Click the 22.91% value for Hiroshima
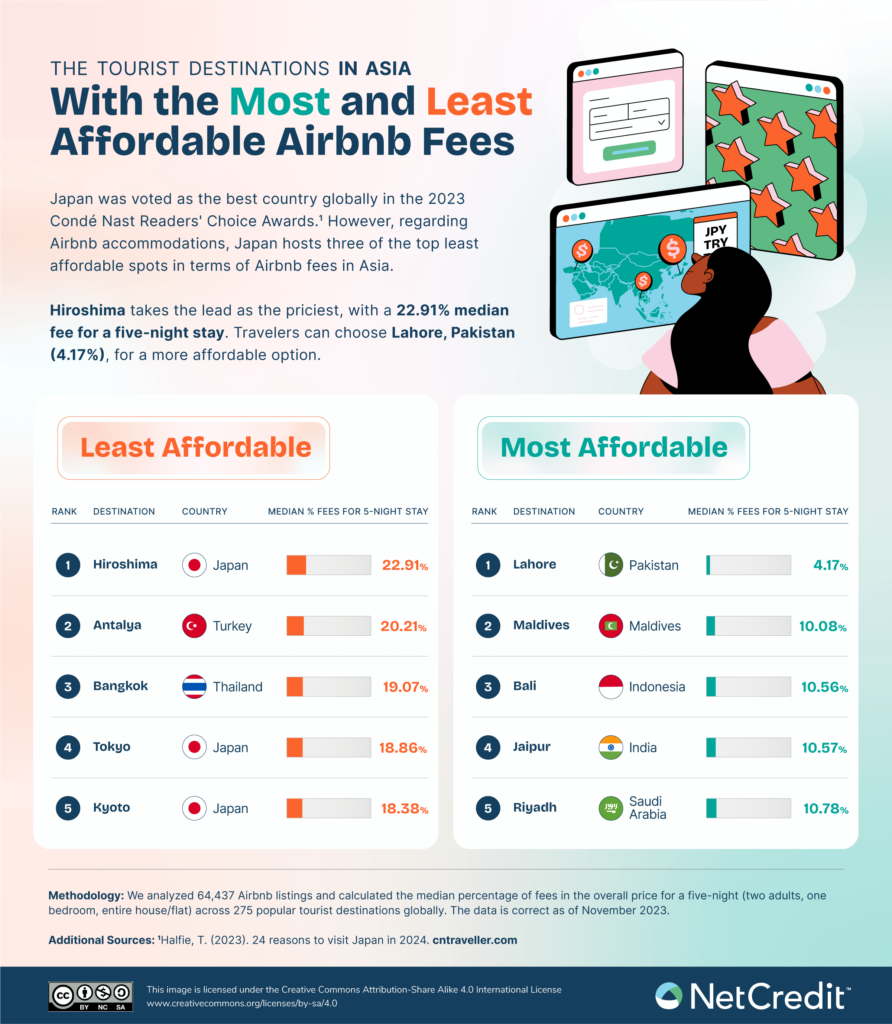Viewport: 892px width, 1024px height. tap(404, 565)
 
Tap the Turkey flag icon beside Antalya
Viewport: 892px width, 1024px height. tap(194, 626)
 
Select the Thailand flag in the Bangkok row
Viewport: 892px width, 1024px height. tap(194, 687)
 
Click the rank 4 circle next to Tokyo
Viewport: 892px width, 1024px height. tap(67, 747)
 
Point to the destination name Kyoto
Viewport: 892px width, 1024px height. tap(111, 808)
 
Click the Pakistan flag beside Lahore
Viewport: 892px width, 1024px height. tap(611, 565)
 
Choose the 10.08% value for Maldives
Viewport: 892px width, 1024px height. tap(822, 626)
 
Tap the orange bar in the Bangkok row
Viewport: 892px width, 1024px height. tap(328, 687)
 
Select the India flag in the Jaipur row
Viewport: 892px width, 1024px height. tap(611, 747)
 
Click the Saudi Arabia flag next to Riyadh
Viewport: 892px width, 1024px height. tap(611, 808)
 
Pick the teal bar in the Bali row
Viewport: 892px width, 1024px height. tap(747, 687)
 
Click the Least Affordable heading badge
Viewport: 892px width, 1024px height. tap(195, 447)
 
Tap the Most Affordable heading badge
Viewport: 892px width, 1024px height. tap(613, 447)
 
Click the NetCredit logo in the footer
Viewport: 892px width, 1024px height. tap(752, 995)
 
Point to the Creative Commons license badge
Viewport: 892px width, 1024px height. tap(90, 995)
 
